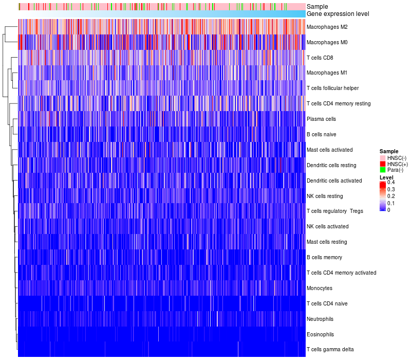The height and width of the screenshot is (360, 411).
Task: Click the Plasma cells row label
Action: point(321,119)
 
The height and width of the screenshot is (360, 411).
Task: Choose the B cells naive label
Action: point(321,134)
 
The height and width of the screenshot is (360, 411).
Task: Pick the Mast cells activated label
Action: point(329,150)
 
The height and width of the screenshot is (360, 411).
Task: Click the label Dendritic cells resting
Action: point(331,165)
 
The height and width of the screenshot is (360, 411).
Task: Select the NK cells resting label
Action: point(324,196)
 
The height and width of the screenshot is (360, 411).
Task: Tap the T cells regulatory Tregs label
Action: point(334,211)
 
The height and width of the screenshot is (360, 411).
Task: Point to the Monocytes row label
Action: point(319,288)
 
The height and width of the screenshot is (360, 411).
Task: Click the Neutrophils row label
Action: point(320,319)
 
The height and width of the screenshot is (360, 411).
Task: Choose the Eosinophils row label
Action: point(320,334)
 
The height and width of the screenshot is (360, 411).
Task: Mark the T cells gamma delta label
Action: point(330,350)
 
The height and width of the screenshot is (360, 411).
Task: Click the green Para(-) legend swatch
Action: point(383,170)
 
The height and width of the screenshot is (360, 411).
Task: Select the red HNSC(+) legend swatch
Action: point(383,164)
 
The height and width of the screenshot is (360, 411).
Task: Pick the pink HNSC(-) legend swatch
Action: point(383,157)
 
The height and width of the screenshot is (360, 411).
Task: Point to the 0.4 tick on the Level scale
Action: point(391,183)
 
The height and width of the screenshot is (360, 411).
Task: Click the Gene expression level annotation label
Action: point(338,14)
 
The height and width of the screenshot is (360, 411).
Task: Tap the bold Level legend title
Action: point(386,177)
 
